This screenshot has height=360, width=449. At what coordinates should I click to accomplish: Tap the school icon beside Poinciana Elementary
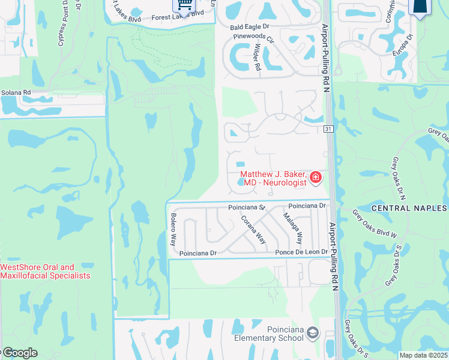tap(312, 332)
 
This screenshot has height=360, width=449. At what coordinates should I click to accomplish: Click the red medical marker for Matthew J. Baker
tap(316, 178)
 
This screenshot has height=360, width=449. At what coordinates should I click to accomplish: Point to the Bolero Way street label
tap(173, 229)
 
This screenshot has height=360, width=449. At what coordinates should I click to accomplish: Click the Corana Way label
tap(254, 229)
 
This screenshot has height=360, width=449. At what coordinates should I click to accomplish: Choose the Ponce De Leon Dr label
tap(302, 253)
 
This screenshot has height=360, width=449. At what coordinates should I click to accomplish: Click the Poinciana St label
tap(246, 207)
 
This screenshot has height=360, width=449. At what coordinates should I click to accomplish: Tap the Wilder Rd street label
tap(258, 58)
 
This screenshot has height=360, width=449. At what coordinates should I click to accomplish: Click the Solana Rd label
tap(16, 92)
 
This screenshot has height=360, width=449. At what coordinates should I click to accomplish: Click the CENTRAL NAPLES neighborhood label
tap(409, 208)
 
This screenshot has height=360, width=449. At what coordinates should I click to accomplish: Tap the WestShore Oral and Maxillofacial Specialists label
tap(46, 271)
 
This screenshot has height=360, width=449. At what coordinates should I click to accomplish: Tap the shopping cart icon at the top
tap(184, 5)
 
